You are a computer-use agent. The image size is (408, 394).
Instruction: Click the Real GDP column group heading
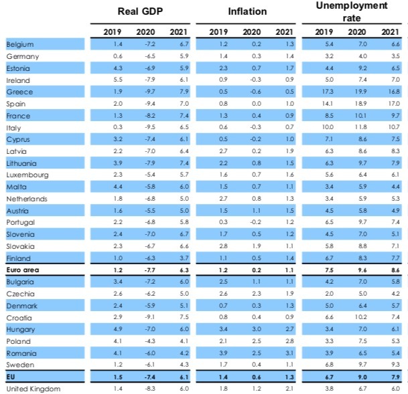141,11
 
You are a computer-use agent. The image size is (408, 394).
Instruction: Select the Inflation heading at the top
247,11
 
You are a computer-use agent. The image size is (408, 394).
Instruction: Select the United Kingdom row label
33,389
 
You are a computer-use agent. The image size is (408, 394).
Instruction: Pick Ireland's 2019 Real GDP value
118,80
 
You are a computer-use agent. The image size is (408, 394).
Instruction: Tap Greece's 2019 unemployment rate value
329,91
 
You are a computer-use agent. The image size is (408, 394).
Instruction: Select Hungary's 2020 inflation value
253,329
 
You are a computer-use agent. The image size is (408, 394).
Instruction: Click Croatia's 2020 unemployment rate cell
362,317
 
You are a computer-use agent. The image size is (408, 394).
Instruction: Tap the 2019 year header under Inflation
219,31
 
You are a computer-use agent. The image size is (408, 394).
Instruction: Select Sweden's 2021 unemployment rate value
395,365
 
